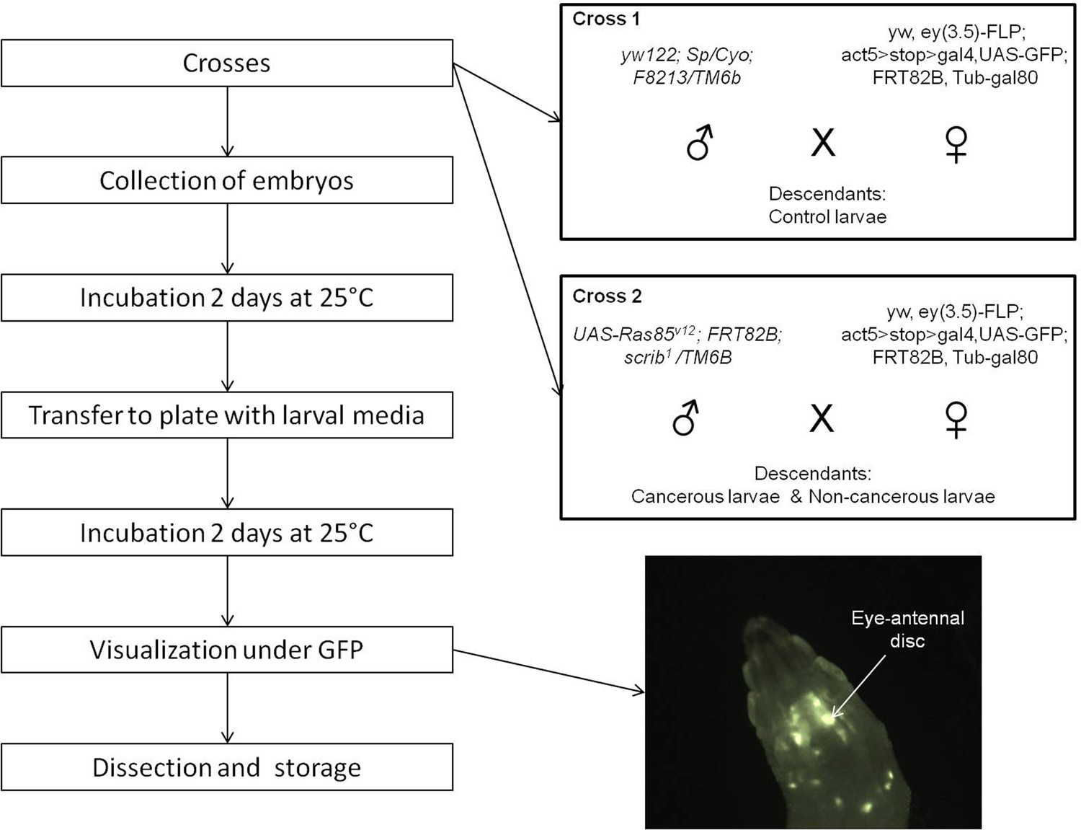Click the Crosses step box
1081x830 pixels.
[x=226, y=63]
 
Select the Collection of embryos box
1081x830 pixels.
[x=226, y=180]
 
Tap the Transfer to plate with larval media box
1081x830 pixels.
[x=226, y=415]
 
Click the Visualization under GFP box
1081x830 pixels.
[x=226, y=650]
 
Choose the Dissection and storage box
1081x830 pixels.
[x=226, y=767]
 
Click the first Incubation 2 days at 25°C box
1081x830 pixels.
[x=226, y=298]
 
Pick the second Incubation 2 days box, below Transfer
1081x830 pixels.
[x=226, y=533]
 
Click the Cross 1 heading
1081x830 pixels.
[x=605, y=19]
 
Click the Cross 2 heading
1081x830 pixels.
[x=607, y=296]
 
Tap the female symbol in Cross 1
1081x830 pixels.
[x=956, y=144]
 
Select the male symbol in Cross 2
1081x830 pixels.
[x=685, y=418]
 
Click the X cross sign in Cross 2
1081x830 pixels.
[x=822, y=418]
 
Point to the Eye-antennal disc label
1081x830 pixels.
[x=907, y=629]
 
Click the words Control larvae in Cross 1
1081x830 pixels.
[x=827, y=217]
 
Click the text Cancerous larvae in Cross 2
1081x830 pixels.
[x=705, y=497]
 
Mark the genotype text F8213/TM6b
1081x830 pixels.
[x=686, y=77]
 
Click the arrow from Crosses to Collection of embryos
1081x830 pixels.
[x=228, y=121]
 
